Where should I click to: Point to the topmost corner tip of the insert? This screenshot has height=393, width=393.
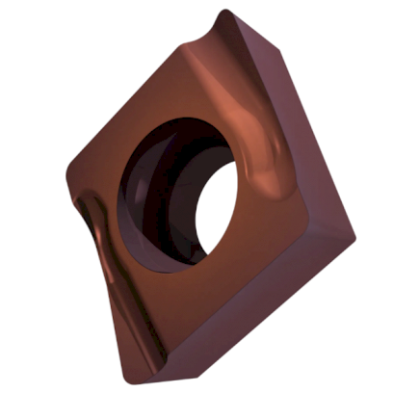coord(223,13)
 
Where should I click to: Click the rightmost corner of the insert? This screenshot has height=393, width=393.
coord(354,235)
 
